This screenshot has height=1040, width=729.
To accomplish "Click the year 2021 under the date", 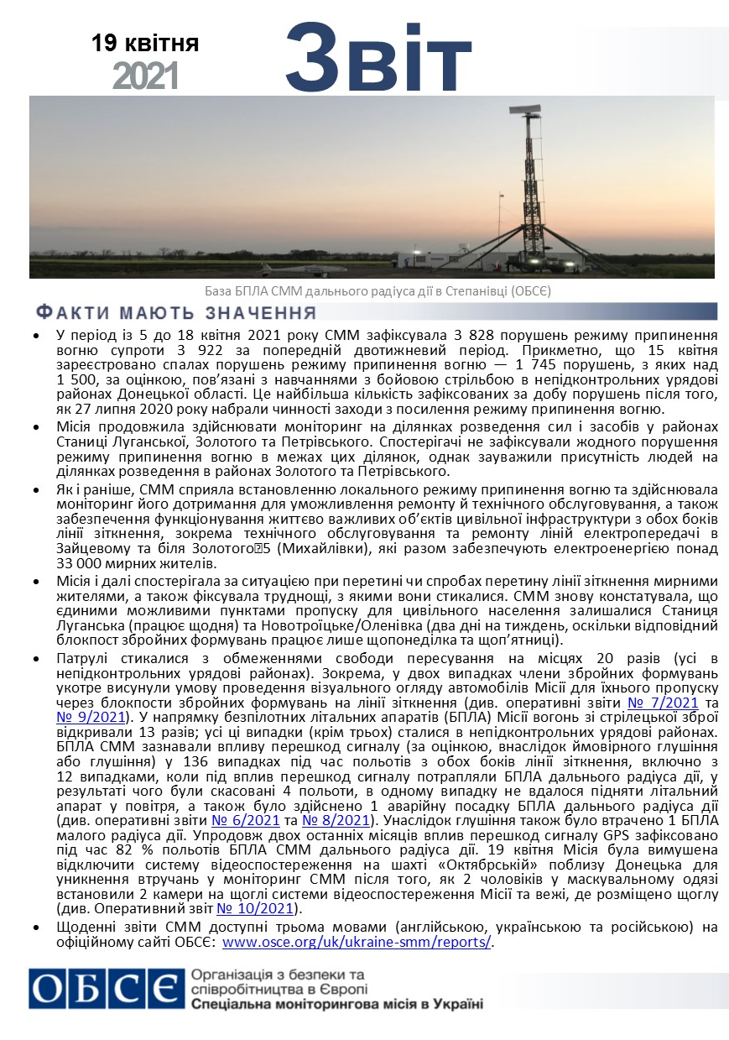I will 145,76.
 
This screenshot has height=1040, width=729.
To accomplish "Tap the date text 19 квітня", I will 145,43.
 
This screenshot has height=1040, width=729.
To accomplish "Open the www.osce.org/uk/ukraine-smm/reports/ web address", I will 357,942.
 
